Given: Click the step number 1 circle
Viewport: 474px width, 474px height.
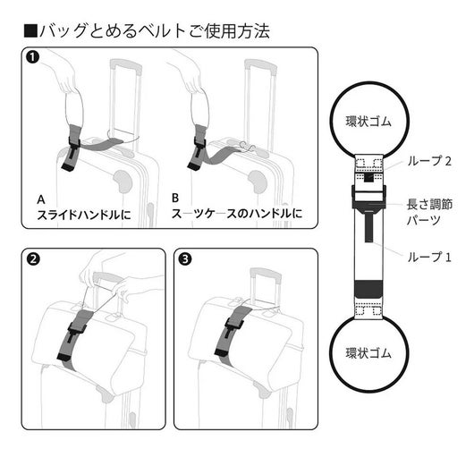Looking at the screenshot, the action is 33,57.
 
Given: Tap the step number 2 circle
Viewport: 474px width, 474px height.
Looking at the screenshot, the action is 33,259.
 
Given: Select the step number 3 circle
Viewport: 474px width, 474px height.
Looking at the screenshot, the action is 185,259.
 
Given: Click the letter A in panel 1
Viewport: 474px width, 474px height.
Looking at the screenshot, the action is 41,199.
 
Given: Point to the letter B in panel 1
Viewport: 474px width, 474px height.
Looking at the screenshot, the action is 175,198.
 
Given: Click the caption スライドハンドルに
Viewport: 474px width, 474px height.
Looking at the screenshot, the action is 84,215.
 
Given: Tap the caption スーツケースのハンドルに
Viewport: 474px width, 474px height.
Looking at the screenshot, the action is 237,214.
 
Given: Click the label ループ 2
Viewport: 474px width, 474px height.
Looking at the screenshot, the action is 429,161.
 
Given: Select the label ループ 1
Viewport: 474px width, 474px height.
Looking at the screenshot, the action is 429,258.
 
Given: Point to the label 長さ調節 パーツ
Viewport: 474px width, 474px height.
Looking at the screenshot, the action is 429,212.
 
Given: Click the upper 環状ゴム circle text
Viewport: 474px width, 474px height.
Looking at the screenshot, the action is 368,122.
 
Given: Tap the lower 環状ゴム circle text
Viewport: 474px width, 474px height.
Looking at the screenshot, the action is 368,353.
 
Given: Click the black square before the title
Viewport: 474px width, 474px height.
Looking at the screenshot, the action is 30,31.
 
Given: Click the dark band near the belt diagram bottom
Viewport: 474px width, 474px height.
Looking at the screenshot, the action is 368,289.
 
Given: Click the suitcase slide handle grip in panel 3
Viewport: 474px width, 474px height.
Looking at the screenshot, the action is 266,273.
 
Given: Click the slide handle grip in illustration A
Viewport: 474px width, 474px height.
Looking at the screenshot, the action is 126,65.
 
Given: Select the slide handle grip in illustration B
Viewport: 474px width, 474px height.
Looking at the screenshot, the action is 260,65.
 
